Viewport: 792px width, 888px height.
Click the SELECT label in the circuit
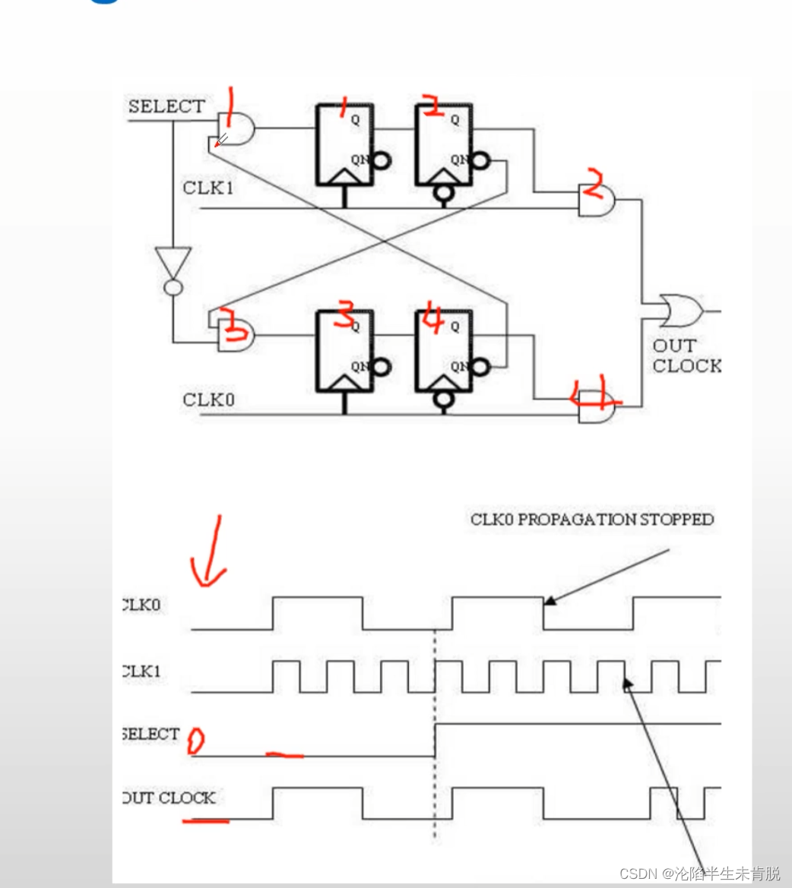[x=166, y=106]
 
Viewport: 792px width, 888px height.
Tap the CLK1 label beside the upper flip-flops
[x=208, y=188]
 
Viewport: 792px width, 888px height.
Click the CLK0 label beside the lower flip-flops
[x=208, y=400]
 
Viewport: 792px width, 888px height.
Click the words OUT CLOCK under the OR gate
[x=686, y=356]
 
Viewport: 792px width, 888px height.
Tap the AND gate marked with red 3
[x=235, y=333]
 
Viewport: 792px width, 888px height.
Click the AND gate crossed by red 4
[x=597, y=406]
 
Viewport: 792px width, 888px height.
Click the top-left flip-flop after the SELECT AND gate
[x=344, y=144]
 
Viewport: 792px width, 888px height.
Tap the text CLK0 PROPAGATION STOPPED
[x=592, y=520]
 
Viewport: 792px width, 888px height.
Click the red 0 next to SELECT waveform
[x=195, y=740]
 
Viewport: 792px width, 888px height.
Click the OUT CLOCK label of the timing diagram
[x=169, y=798]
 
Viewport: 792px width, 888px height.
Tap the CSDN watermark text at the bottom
[x=699, y=874]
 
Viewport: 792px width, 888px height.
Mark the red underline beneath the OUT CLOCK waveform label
[x=205, y=820]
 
